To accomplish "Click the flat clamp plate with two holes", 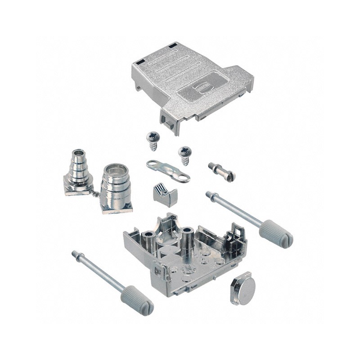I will (x=168, y=171).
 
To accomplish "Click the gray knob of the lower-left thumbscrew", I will (x=137, y=300).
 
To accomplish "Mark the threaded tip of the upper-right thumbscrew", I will (x=209, y=194).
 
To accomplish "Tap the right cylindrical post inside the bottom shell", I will (x=187, y=236).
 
